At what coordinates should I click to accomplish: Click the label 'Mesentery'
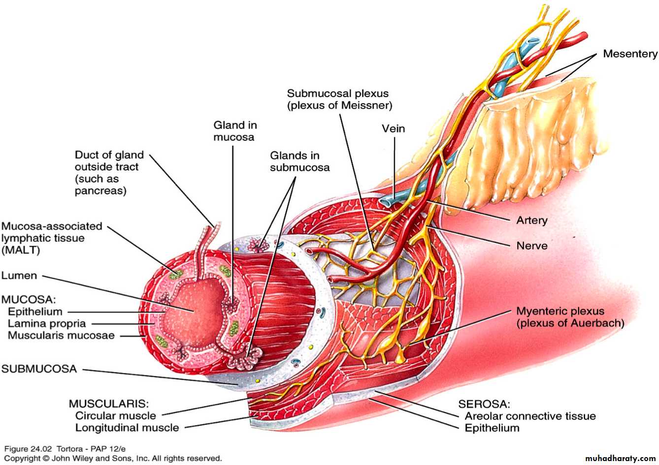630,54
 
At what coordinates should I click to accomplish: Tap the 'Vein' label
393,129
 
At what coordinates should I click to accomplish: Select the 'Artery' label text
532,220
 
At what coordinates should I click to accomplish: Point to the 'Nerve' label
532,246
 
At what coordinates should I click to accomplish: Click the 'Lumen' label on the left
19,276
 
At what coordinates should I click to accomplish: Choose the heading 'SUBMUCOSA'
39,369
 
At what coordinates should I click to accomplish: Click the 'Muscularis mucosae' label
61,336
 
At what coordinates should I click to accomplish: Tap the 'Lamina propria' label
47,324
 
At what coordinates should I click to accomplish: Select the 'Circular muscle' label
116,416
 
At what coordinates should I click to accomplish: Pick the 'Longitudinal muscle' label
127,428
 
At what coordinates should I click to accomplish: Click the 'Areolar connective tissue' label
530,416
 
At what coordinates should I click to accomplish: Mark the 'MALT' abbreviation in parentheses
21,250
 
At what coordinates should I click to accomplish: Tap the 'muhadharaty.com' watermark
621,458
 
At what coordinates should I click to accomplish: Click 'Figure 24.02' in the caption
28,449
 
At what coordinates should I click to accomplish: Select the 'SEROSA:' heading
484,404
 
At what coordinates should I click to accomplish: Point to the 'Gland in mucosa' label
235,131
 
